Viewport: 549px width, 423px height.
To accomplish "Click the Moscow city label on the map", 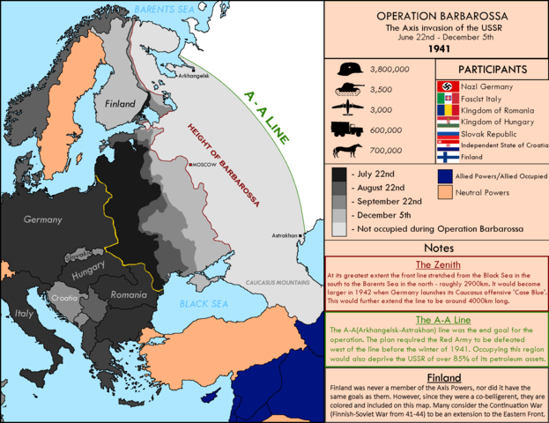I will [204, 164].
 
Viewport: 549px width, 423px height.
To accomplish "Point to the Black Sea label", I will [204, 302].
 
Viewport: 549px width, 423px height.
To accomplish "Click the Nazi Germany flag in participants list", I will [445, 88].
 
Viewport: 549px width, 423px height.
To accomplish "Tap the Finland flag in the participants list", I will [445, 156].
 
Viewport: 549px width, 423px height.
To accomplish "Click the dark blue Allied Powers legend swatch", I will [445, 176].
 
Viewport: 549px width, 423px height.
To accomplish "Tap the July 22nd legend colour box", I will [339, 174].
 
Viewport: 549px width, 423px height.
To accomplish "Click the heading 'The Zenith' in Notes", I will [436, 263].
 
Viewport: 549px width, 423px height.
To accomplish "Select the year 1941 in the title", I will [437, 49].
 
